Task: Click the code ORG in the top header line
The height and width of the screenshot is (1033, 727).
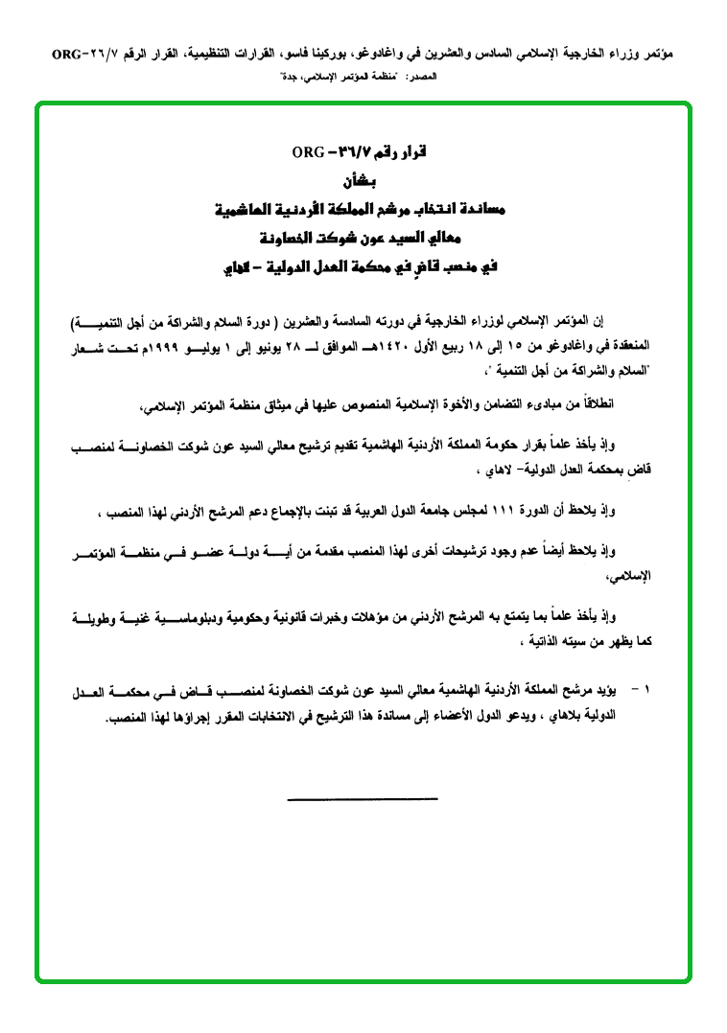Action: (69, 56)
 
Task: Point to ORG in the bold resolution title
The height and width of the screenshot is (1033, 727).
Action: (311, 153)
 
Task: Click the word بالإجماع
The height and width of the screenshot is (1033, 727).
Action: (277, 514)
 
